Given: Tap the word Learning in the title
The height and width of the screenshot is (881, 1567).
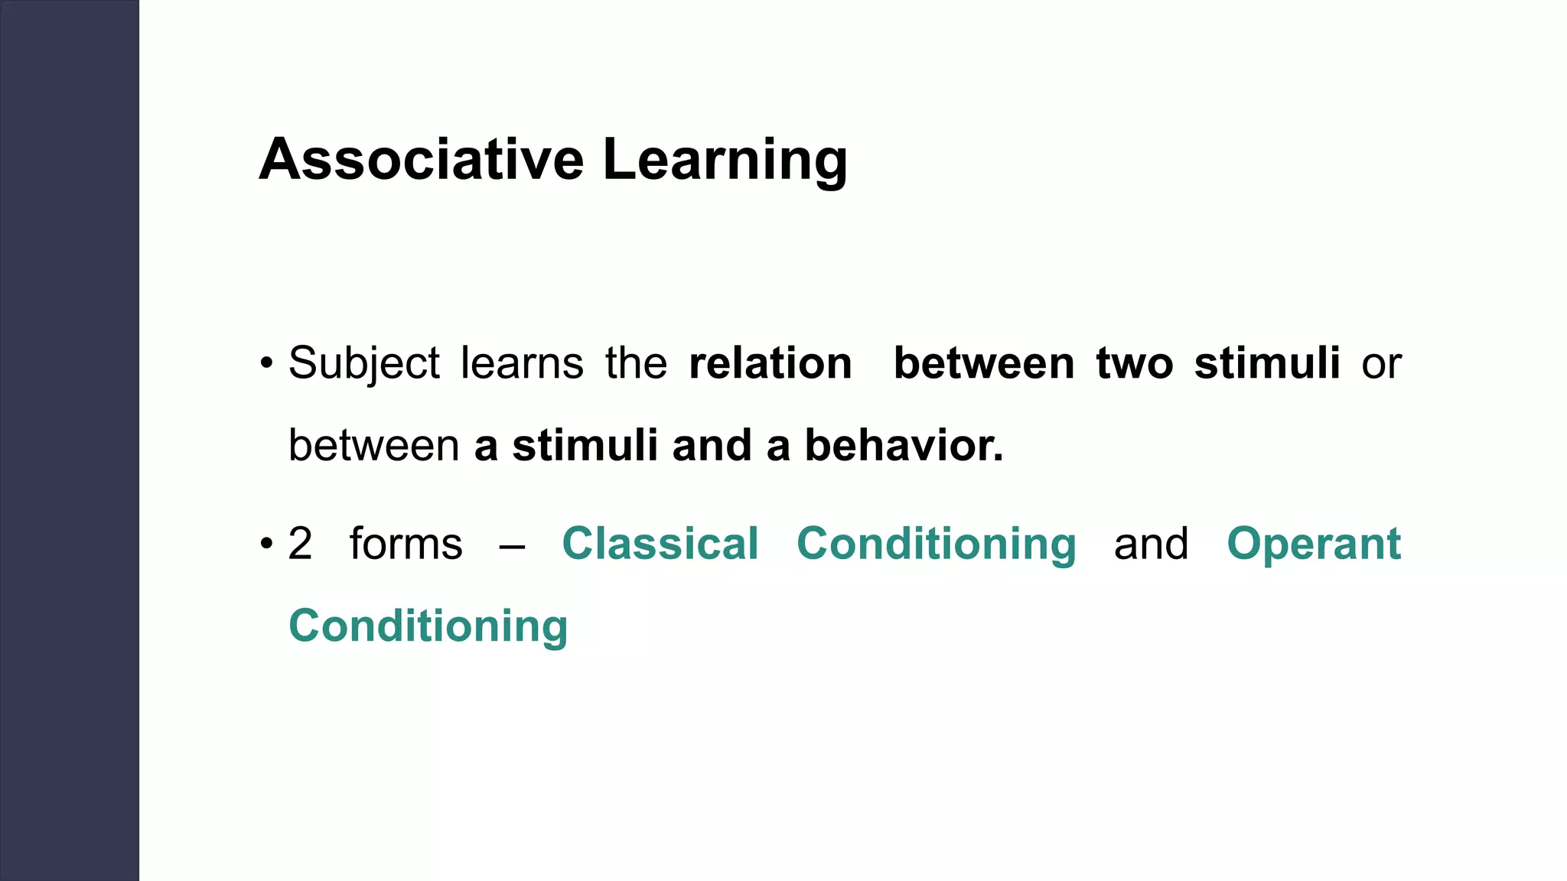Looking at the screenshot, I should [x=725, y=161].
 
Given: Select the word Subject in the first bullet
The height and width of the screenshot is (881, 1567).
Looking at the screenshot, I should [x=364, y=363].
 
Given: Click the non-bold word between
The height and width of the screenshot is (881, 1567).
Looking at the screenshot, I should [x=373, y=445].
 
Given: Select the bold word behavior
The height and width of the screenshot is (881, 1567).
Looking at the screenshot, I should [x=904, y=445].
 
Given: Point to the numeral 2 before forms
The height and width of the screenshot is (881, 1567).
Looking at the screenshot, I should [x=301, y=544].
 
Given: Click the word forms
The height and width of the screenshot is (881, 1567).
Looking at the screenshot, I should [x=406, y=544].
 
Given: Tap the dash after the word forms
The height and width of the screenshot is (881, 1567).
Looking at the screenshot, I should [x=511, y=546].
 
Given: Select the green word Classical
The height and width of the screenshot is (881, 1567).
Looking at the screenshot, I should [x=660, y=544].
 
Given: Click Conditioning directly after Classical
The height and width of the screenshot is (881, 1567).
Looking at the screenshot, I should [x=936, y=545].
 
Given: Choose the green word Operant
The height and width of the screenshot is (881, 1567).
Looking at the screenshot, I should [x=1314, y=545].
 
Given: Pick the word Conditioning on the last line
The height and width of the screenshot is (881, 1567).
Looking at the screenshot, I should [x=428, y=627].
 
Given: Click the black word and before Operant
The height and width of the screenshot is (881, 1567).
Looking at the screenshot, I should [x=1151, y=544].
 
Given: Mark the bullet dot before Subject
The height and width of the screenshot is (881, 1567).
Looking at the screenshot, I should [x=266, y=363].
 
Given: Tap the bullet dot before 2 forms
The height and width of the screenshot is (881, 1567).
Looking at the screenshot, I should [x=266, y=545].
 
